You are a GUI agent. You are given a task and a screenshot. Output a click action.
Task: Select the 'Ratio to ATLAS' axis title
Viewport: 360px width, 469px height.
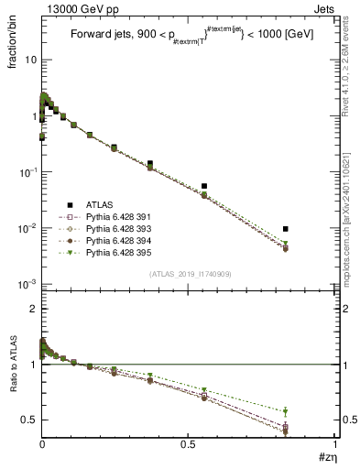tap(13, 388)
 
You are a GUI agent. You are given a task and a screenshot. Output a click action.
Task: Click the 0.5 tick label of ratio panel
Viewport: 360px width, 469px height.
tap(27, 420)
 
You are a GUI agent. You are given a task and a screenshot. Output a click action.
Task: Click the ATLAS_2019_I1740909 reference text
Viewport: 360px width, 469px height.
tap(190, 275)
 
